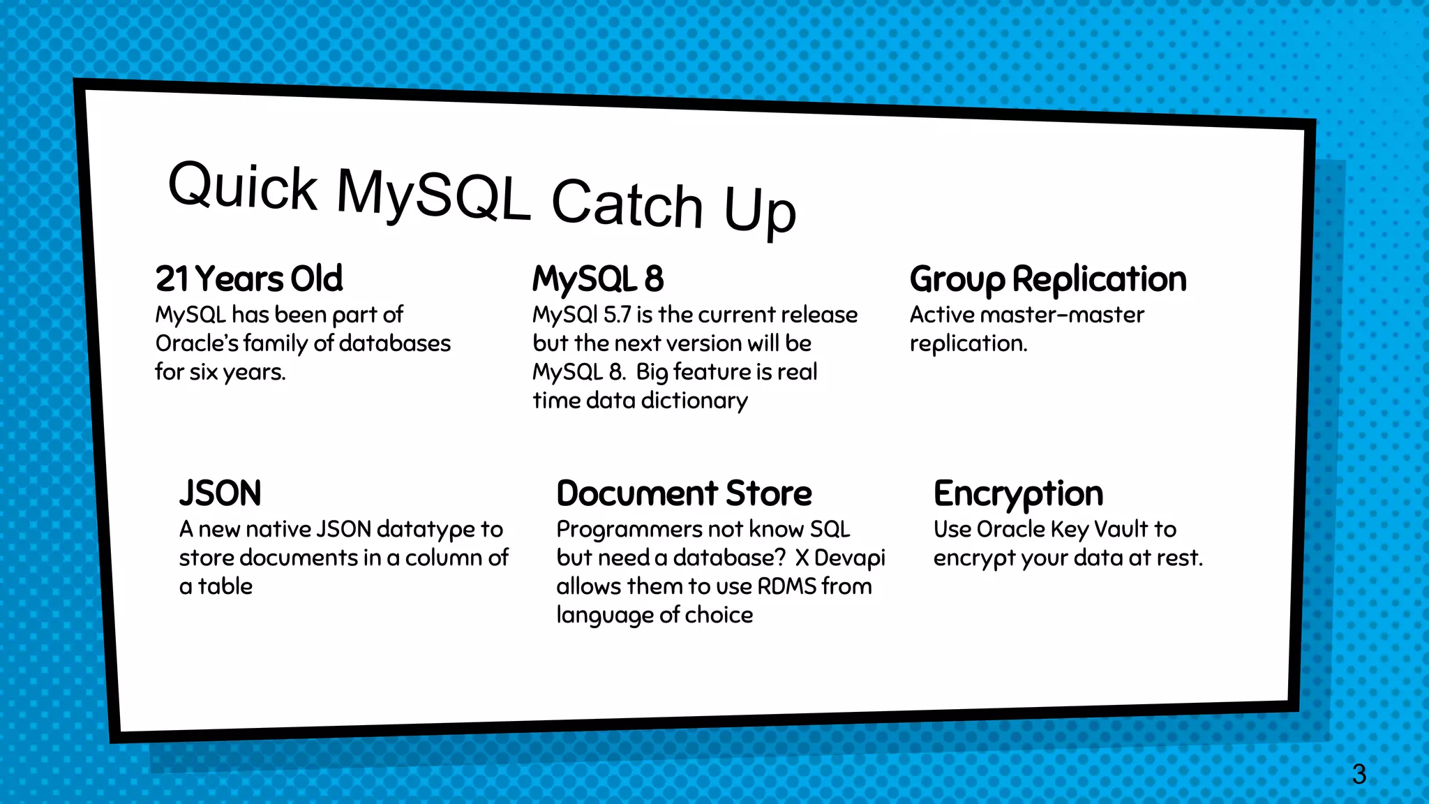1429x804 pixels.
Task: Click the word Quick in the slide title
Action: pos(242,186)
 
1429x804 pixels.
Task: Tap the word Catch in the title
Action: pos(626,204)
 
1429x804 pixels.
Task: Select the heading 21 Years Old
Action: pos(249,278)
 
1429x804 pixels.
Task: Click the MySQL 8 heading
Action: pos(598,278)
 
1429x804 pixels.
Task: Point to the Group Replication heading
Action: pos(1047,279)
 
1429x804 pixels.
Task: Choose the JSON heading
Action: pos(220,493)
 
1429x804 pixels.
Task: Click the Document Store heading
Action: pos(684,493)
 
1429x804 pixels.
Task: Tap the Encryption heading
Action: pos(1018,494)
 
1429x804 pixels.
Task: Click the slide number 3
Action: pos(1359,774)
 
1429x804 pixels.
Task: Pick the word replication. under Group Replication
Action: pos(968,343)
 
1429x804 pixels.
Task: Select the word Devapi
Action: pos(849,558)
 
